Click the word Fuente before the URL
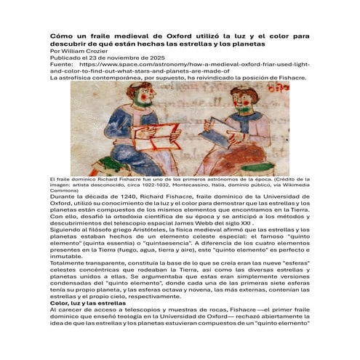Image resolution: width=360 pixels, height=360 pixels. coord(59,65)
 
